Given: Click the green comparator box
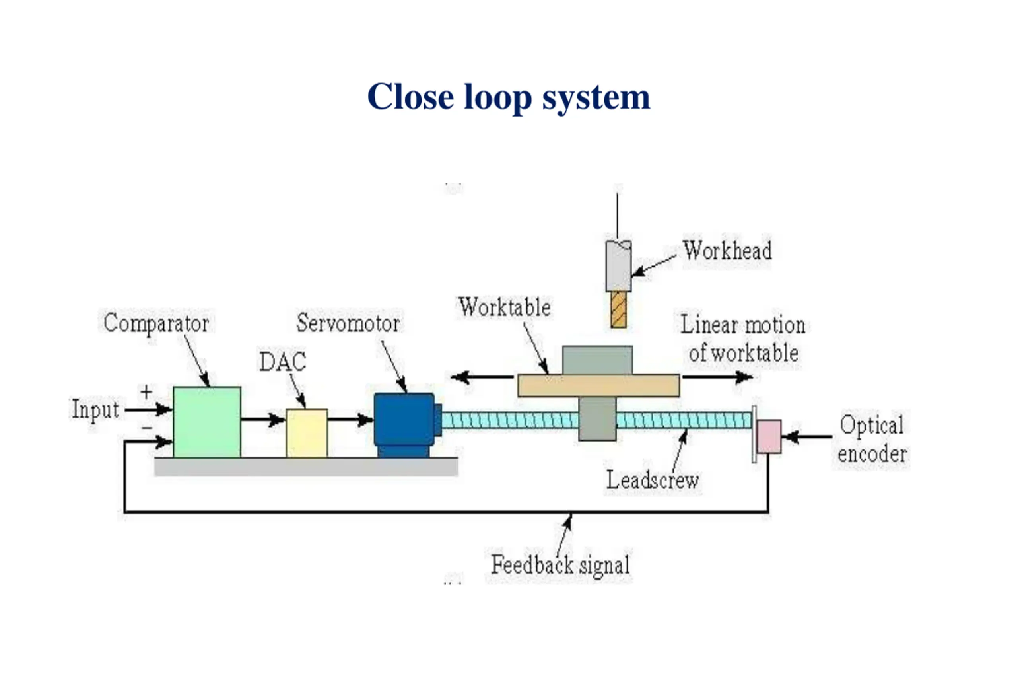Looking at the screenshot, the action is click(x=207, y=422).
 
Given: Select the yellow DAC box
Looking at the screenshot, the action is click(x=307, y=433).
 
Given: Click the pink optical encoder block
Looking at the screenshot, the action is click(x=769, y=436).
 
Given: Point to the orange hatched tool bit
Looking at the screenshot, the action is click(x=618, y=309).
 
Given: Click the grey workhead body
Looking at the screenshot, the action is click(x=618, y=265).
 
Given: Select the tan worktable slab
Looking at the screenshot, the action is click(x=598, y=385).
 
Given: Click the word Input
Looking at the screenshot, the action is click(x=95, y=409).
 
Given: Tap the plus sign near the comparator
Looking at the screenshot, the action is click(x=146, y=392).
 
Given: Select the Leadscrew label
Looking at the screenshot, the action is click(x=652, y=480).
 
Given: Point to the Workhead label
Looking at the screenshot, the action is click(x=727, y=250).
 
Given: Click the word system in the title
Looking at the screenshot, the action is click(x=596, y=98).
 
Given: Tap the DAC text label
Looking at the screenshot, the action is click(x=283, y=362).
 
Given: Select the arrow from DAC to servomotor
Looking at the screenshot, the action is click(x=351, y=419).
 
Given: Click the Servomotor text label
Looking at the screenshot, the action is click(x=348, y=323).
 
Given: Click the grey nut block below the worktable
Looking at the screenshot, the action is click(x=597, y=419).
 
